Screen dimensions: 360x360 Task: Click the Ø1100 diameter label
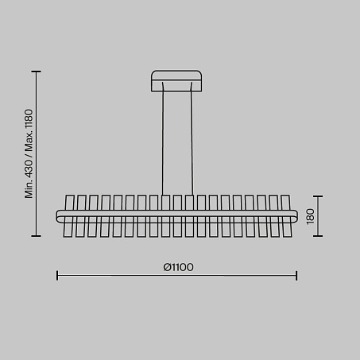point(178,267)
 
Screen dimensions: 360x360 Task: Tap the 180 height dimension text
point(310,216)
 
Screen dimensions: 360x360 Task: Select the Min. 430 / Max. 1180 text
point(29,153)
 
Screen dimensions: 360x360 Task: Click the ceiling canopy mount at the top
point(176,81)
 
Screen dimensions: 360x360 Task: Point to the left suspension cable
point(163,139)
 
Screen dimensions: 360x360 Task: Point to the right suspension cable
point(192,139)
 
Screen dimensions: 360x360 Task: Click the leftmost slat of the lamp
point(68,216)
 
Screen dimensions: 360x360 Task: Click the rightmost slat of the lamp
point(286,216)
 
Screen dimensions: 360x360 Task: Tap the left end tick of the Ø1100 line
point(57,276)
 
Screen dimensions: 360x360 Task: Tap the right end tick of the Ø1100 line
point(296,276)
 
